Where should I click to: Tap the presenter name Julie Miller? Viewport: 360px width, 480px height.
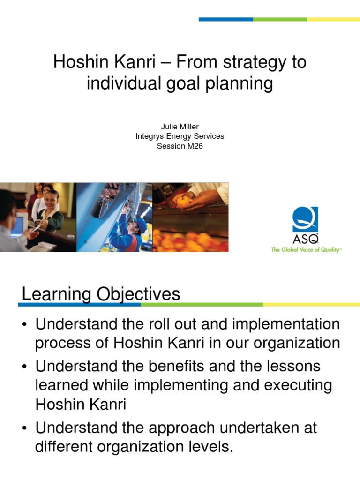180,127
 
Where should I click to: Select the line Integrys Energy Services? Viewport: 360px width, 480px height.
180,136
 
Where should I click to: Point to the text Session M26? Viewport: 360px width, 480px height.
180,146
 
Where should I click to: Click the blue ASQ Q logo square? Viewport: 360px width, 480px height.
305,219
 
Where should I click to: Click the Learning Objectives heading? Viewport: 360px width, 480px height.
101,294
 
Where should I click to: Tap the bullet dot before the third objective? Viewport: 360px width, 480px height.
26,428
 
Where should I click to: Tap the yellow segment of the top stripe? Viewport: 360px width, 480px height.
333,19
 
